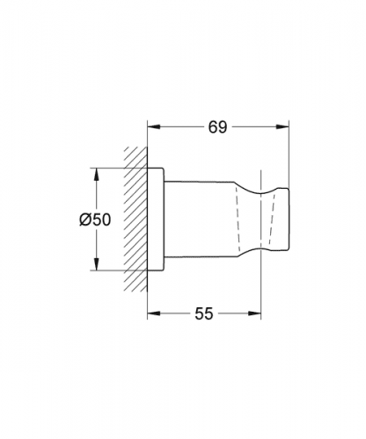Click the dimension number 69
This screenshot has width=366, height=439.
[217, 127]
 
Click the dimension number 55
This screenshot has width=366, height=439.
[204, 313]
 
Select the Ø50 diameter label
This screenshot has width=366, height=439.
[95, 219]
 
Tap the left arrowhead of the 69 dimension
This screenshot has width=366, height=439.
[154, 126]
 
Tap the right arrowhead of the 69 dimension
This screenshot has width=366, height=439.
[282, 126]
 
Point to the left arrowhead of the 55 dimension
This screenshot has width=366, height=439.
[154, 313]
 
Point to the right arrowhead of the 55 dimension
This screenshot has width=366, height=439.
[254, 313]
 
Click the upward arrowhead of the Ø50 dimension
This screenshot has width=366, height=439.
[97, 175]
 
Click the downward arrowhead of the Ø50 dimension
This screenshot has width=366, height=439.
[97, 263]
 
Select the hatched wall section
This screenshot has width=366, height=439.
[135, 219]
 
